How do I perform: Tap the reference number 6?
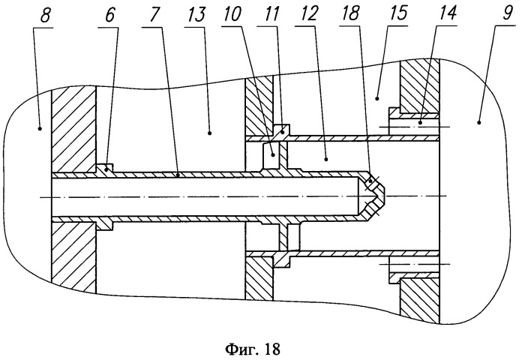click(109, 16)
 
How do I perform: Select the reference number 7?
click(149, 16)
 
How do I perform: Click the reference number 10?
click(231, 15)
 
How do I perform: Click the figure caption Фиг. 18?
click(253, 349)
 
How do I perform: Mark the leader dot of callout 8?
click(40, 128)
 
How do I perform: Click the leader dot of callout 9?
click(479, 122)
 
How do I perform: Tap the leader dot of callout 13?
click(209, 133)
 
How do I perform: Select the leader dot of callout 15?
click(377, 98)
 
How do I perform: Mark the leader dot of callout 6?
click(106, 170)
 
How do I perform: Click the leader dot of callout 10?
click(274, 154)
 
